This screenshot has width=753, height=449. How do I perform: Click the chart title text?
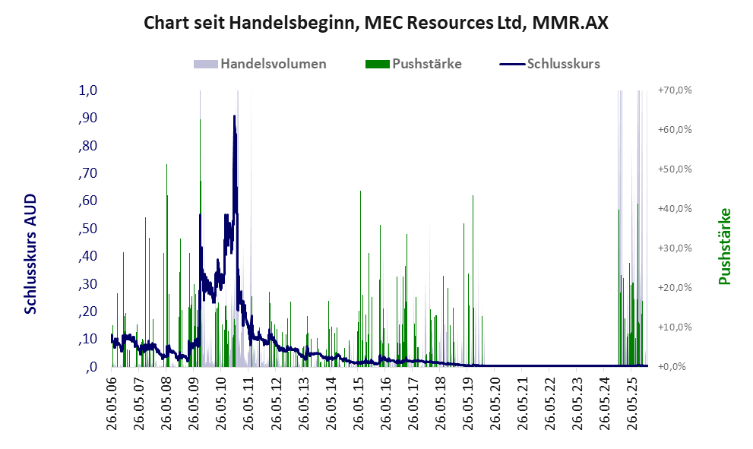tap(376, 23)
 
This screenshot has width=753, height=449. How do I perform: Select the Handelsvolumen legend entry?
tap(273, 64)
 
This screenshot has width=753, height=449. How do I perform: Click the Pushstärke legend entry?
tap(426, 64)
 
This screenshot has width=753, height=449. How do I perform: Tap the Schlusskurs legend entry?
tap(562, 64)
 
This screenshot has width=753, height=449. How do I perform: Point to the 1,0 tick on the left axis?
tap(88, 90)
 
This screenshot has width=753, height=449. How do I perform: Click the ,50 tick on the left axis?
tap(88, 229)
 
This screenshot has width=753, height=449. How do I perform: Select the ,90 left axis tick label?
tap(88, 118)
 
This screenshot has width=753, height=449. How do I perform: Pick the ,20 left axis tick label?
tap(88, 311)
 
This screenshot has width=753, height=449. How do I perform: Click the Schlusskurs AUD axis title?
tap(30, 253)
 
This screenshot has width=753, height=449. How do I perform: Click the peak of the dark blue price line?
tap(234, 116)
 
